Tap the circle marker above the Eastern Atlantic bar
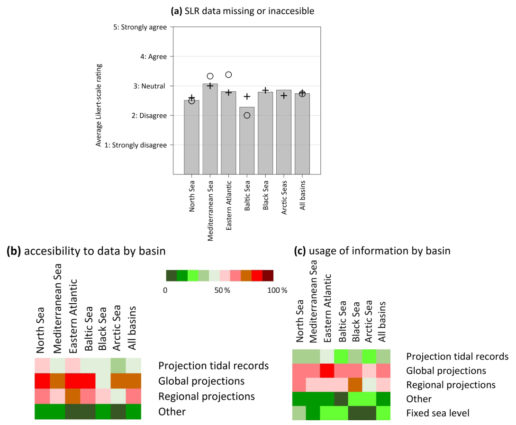[x=228, y=74]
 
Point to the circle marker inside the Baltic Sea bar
[x=247, y=115]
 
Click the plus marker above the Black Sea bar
[x=265, y=90]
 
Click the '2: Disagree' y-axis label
[x=147, y=115]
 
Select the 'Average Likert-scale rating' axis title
[x=99, y=105]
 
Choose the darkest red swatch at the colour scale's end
[x=268, y=276]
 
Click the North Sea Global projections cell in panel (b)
[x=42, y=380]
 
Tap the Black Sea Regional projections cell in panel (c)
[x=355, y=385]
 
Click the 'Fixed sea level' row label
[x=437, y=413]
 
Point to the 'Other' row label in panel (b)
[x=172, y=412]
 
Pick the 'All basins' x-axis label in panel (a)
[x=302, y=194]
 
